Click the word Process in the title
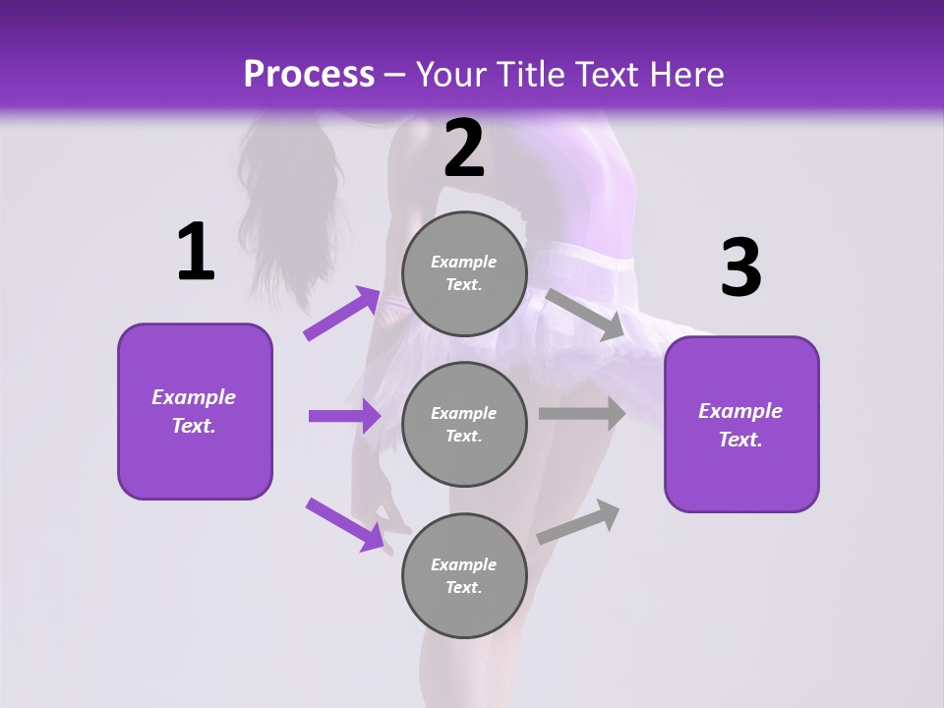pos(309,74)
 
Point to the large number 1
pos(196,253)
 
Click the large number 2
pos(464,149)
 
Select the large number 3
pos(740,268)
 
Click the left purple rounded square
pos(195,411)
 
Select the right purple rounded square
pos(741,424)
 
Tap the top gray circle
pos(464,273)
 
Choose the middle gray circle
pos(464,424)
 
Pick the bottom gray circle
pos(464,575)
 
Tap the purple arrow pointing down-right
pos(344,523)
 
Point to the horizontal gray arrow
pos(581,414)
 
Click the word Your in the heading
pos(451,74)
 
